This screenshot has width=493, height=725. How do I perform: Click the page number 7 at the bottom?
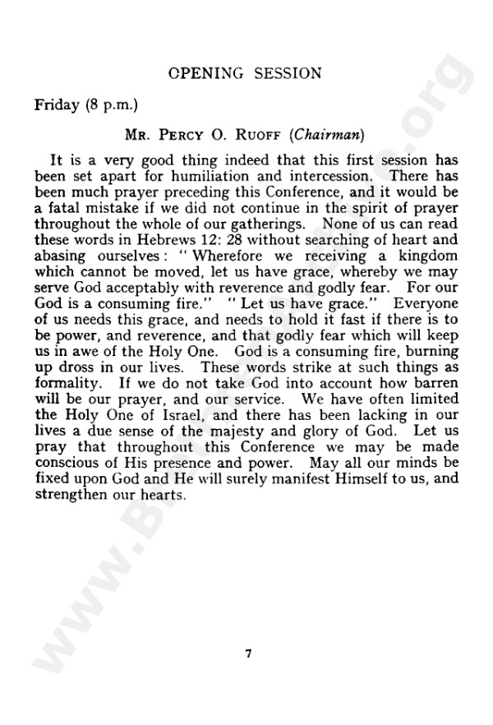point(247,653)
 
